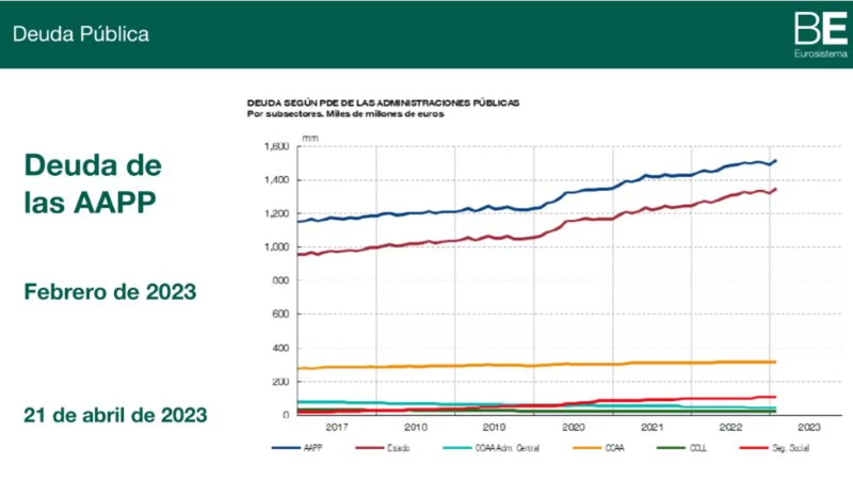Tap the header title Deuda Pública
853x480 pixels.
pyautogui.click(x=81, y=34)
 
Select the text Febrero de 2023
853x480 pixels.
pyautogui.click(x=110, y=292)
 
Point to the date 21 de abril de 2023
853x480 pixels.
pyautogui.click(x=115, y=415)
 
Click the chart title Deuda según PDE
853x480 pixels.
pyautogui.click(x=383, y=102)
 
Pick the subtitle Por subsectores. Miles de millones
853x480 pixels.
pyautogui.click(x=345, y=114)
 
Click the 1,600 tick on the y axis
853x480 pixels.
pyautogui.click(x=277, y=146)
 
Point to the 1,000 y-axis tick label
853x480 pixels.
pyautogui.click(x=277, y=247)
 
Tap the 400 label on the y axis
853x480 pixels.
pyautogui.click(x=280, y=348)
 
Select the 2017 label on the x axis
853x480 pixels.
pyautogui.click(x=336, y=427)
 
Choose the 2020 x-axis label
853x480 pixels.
pyautogui.click(x=573, y=427)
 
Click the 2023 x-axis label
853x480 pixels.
pyautogui.click(x=809, y=427)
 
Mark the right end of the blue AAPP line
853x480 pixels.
pyautogui.click(x=776, y=161)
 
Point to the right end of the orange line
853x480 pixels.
pyautogui.click(x=775, y=362)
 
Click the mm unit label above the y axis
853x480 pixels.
pyautogui.click(x=310, y=138)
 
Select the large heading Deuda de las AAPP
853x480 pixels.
pyautogui.click(x=92, y=183)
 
